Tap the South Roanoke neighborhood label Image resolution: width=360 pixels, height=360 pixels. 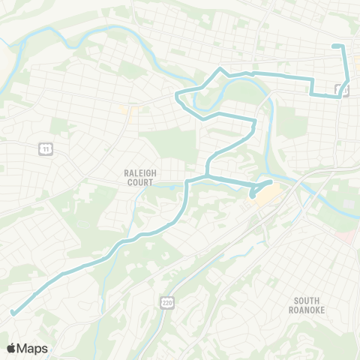307,304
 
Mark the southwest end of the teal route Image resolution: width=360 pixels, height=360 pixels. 13,313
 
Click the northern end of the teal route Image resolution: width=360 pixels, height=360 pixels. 334,47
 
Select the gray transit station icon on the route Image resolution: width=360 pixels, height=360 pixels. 337,90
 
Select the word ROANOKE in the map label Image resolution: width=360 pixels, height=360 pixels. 307,309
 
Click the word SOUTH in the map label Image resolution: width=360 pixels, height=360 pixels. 307,300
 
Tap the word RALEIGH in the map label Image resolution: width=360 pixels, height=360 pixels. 139,172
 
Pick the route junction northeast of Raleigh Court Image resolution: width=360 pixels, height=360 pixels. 206,176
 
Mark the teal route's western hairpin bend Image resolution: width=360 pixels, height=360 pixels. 178,96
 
